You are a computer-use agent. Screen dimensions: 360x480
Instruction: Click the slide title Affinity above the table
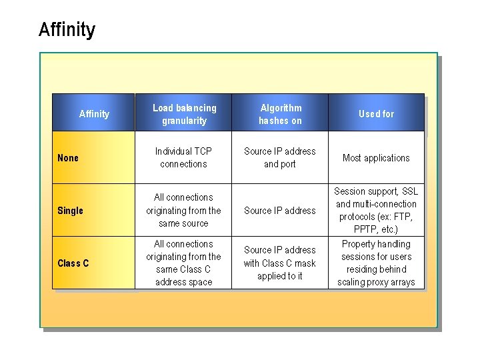point(67,30)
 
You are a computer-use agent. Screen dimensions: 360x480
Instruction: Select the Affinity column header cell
point(94,114)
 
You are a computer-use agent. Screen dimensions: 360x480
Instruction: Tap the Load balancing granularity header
point(184,114)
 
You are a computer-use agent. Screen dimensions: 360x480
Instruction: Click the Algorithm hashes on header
point(280,114)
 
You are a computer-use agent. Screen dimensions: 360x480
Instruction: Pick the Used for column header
point(376,114)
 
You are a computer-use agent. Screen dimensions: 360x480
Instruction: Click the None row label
point(68,158)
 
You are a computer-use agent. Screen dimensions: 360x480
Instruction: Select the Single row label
point(70,211)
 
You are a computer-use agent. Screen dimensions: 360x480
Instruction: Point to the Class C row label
point(73,263)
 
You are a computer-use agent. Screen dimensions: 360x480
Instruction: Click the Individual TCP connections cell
point(184,157)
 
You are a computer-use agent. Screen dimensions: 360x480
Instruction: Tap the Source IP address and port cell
point(280,157)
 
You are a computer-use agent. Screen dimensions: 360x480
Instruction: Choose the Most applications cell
point(376,158)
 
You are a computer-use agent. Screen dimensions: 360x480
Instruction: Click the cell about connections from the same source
point(184,210)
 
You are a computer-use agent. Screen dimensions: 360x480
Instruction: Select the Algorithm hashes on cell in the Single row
point(280,211)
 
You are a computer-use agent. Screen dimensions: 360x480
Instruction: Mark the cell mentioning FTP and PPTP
point(376,210)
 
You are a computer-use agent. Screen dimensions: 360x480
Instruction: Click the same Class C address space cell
point(184,263)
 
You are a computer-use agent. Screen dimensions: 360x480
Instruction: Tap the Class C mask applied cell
point(280,263)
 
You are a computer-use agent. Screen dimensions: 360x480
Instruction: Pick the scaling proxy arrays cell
point(376,263)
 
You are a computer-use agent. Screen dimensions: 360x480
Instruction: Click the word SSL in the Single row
point(410,191)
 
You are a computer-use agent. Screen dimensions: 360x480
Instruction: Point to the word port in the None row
point(287,164)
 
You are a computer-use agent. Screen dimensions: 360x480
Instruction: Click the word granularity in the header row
point(184,121)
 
